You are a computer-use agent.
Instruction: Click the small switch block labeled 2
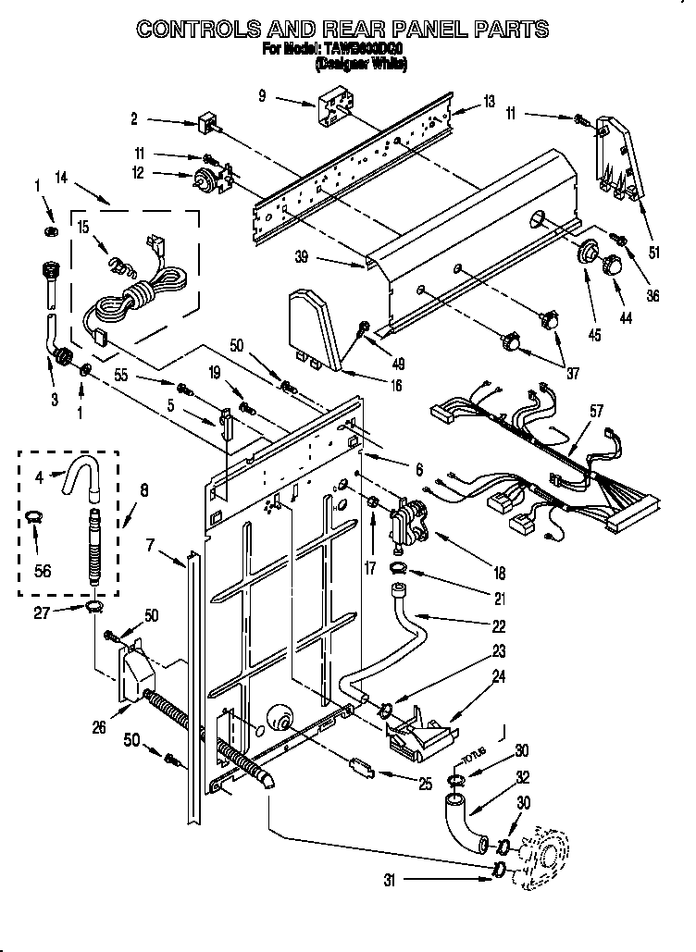(207, 123)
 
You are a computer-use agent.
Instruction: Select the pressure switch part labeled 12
(202, 180)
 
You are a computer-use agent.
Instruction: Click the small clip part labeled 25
(361, 769)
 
